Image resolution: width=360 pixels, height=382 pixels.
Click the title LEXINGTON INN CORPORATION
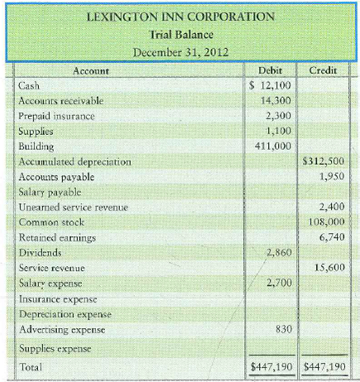click(x=180, y=17)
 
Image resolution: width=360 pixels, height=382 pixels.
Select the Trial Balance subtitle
click(x=180, y=35)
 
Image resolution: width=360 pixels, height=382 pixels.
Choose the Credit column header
click(x=322, y=72)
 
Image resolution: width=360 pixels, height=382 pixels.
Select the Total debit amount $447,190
click(x=272, y=365)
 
